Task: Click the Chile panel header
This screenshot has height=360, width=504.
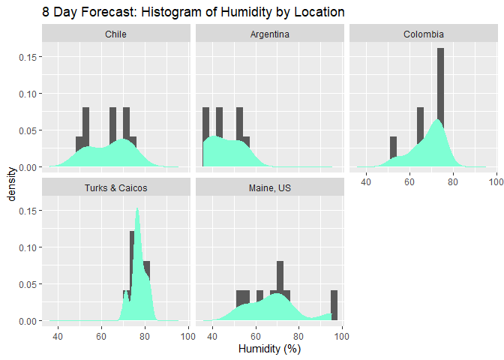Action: point(115,34)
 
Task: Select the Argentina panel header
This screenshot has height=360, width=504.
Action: point(269,34)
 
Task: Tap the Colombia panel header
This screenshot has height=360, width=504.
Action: point(424,34)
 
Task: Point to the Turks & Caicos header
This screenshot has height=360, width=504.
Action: point(115,187)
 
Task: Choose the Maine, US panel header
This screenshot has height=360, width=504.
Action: point(269,187)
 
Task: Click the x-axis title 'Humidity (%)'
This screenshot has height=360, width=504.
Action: point(269,349)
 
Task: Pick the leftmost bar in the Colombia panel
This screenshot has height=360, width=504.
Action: point(393,150)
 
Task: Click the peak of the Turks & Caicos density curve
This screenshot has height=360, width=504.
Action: point(137,209)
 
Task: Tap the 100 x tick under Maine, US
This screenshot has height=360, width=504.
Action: point(342,334)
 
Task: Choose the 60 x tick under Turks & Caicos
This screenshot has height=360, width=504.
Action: point(101,334)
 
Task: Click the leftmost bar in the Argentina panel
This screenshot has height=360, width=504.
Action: point(205,136)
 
